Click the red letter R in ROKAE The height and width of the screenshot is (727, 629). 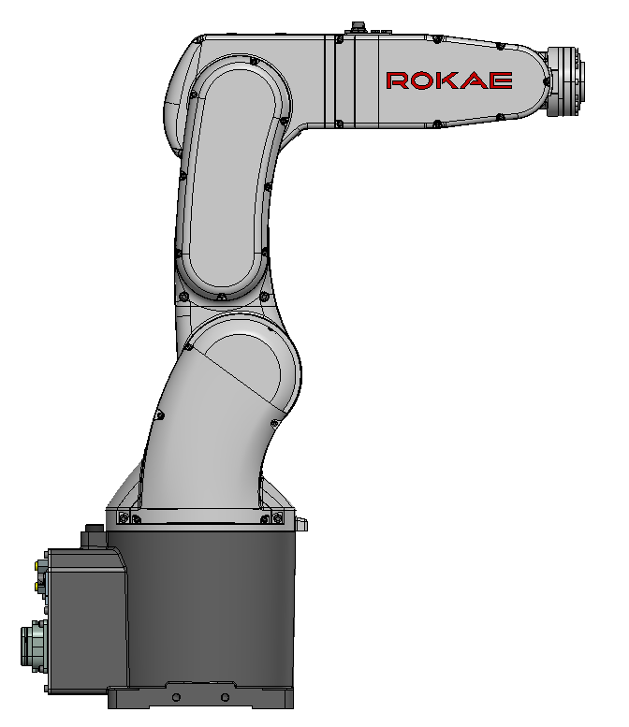tap(397, 80)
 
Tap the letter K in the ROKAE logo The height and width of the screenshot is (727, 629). tap(446, 80)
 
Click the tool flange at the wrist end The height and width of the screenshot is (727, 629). tap(565, 81)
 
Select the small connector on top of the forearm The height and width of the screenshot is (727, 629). tap(358, 27)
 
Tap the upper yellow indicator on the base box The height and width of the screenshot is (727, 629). tap(37, 565)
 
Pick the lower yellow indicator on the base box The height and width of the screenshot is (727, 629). tap(37, 587)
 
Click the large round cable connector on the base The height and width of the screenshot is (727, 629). tap(33, 646)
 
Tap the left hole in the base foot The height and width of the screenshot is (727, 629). tap(176, 697)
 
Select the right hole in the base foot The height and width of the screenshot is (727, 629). tap(225, 697)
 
